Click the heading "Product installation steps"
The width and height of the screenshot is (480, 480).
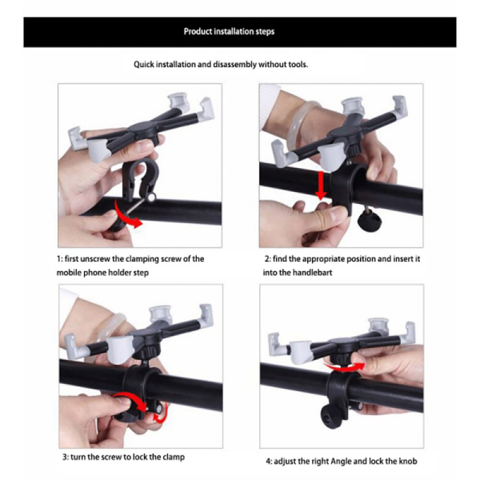pos(230,32)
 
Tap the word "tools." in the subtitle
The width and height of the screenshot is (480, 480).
pos(296,64)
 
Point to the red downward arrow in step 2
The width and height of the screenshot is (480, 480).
pos(321,183)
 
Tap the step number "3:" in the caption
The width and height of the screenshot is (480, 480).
pos(67,457)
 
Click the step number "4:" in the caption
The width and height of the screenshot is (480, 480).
pos(269,462)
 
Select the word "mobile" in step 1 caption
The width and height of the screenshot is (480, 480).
pos(70,273)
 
